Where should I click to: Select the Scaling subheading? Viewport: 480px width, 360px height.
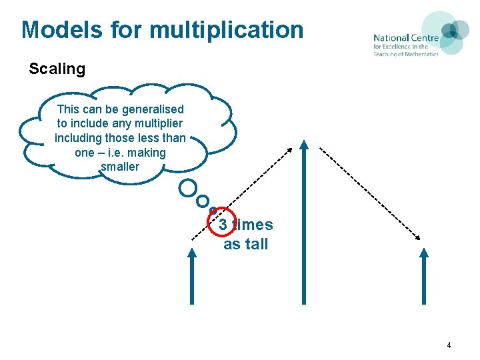[57, 69]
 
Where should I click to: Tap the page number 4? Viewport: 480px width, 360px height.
[449, 345]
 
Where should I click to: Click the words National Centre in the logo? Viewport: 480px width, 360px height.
[405, 38]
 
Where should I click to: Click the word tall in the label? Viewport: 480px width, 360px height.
[255, 244]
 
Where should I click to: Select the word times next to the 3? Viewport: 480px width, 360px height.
[253, 225]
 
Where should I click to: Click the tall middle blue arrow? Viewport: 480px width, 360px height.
[304, 227]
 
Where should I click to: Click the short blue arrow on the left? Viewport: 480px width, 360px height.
[193, 277]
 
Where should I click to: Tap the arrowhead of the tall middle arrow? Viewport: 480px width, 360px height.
[304, 145]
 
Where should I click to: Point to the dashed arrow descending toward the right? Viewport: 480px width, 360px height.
[370, 193]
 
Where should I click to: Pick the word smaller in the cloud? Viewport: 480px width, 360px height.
[120, 167]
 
